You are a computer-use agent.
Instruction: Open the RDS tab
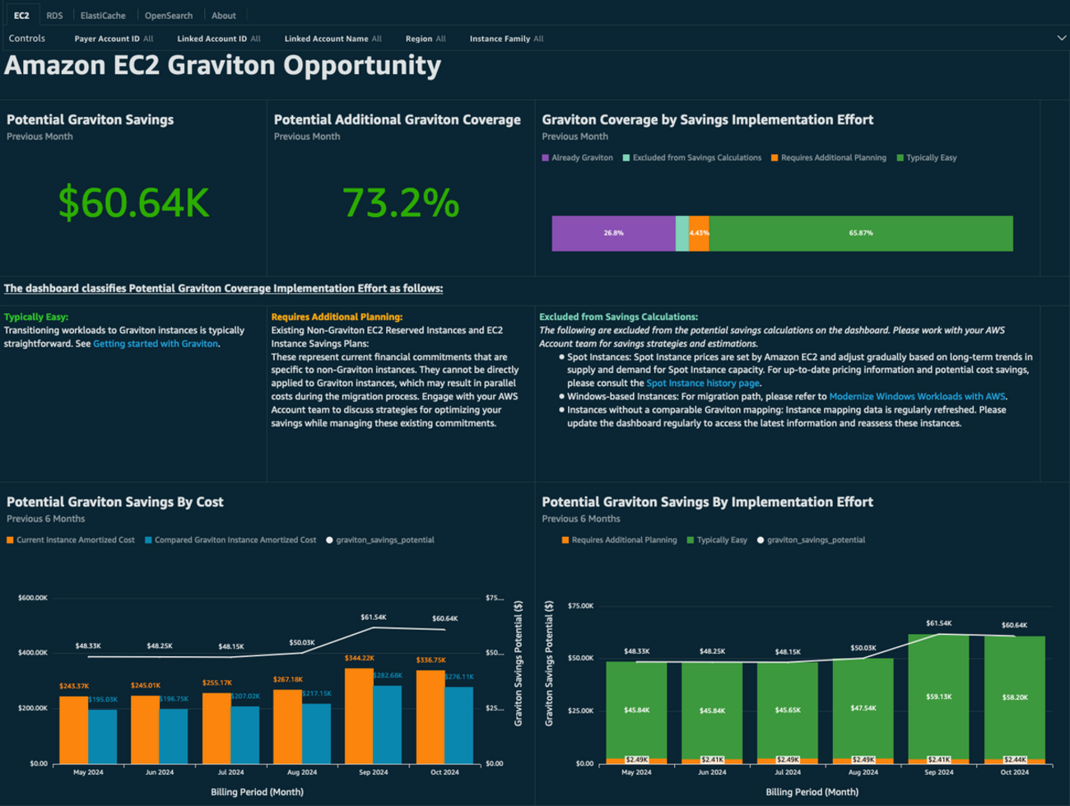[54, 16]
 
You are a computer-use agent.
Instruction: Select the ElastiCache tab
[103, 16]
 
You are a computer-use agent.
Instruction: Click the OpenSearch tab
[169, 16]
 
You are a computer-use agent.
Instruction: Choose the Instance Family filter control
[506, 39]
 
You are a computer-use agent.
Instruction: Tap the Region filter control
[426, 39]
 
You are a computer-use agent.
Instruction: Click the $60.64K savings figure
[134, 203]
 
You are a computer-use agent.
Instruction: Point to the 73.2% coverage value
[400, 203]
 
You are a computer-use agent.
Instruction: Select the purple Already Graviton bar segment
[613, 233]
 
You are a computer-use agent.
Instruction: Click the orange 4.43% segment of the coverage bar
[699, 233]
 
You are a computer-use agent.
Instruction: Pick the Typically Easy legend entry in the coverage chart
[931, 158]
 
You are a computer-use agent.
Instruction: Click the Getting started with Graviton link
[156, 344]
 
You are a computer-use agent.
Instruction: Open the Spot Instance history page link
[702, 384]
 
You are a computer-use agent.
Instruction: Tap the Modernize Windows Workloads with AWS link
[917, 397]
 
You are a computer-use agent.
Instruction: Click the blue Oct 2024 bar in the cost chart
[458, 724]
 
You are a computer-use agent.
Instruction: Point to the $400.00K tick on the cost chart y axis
[33, 653]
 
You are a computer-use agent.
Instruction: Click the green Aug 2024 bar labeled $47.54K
[863, 708]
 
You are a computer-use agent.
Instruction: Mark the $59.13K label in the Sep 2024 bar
[938, 697]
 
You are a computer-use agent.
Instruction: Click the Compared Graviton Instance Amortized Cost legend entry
[235, 540]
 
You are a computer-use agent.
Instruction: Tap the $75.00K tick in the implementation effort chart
[580, 606]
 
